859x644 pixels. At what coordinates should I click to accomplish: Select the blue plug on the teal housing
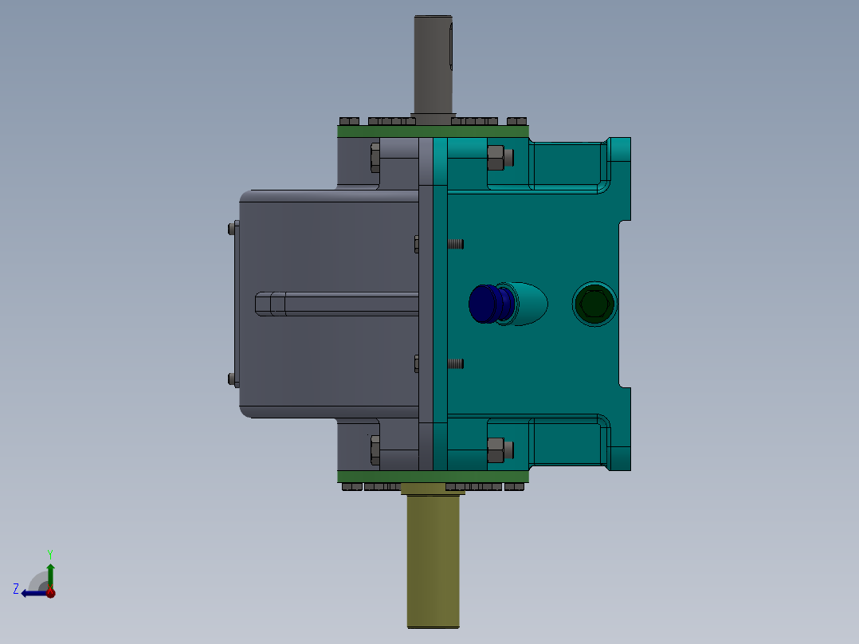(483, 304)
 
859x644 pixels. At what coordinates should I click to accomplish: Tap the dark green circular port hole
(594, 304)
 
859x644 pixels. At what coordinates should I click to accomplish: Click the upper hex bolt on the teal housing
(496, 157)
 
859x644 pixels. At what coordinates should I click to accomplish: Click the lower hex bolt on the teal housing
(496, 450)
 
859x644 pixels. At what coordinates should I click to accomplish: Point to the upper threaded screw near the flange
(455, 244)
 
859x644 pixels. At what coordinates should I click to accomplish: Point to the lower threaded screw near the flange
(455, 363)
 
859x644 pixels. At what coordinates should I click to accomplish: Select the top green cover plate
(433, 132)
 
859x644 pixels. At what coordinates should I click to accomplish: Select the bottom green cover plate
(433, 477)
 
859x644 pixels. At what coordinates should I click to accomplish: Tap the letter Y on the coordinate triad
(50, 552)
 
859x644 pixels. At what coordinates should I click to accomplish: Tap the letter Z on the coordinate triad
(16, 589)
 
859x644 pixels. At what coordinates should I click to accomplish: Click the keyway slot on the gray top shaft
(450, 48)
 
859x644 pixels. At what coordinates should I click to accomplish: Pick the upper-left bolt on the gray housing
(375, 157)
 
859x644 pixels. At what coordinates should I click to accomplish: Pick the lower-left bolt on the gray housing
(375, 450)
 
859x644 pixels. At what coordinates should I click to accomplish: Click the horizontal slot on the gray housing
(335, 304)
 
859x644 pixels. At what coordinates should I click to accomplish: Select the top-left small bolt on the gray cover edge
(232, 229)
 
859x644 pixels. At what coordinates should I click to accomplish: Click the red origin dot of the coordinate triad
(50, 592)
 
